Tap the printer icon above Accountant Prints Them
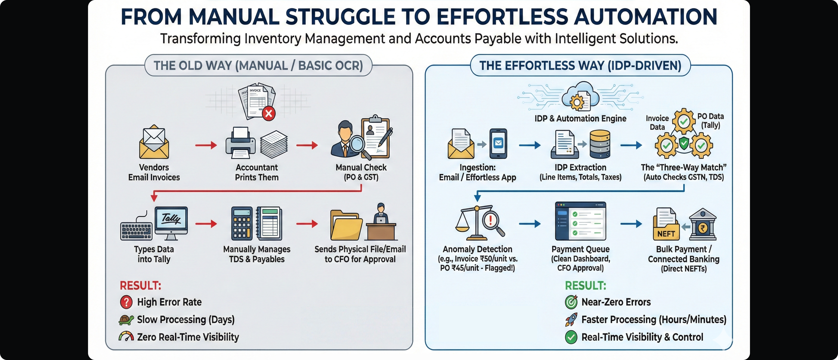coord(240,143)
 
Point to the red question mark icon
coord(126,302)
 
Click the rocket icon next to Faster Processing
coord(571,320)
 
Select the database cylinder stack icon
coord(600,144)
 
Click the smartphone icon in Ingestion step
coord(498,143)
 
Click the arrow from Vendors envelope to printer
coord(206,145)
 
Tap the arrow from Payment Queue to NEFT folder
coord(631,224)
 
